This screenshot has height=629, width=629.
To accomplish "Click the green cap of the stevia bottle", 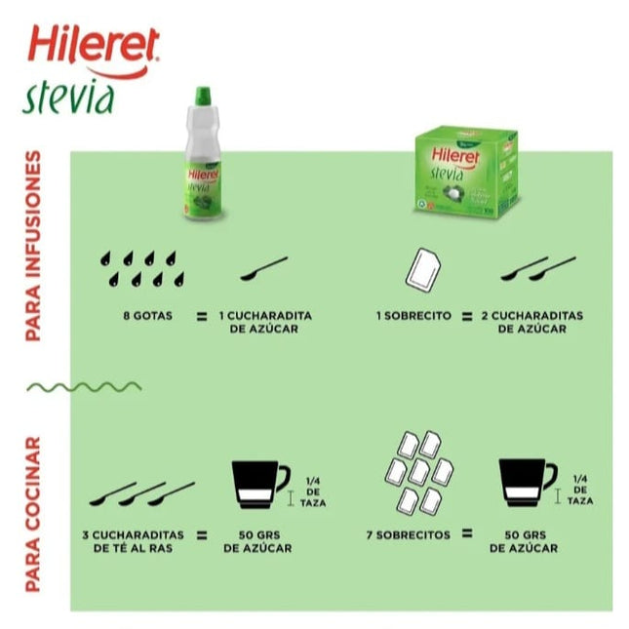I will tap(204, 96).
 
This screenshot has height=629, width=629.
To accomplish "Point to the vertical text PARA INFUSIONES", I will tap(34, 246).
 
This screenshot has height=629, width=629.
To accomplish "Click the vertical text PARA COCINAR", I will tap(34, 515).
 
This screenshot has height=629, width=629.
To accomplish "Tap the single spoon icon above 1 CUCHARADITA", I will tap(263, 269).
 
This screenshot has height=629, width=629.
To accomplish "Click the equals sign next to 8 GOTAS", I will tap(200, 316).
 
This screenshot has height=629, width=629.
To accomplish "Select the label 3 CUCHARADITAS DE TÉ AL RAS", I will tap(132, 541).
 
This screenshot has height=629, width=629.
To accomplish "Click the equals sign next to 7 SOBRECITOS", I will tap(468, 534).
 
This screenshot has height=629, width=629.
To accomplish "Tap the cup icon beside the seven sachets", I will tap(527, 484).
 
